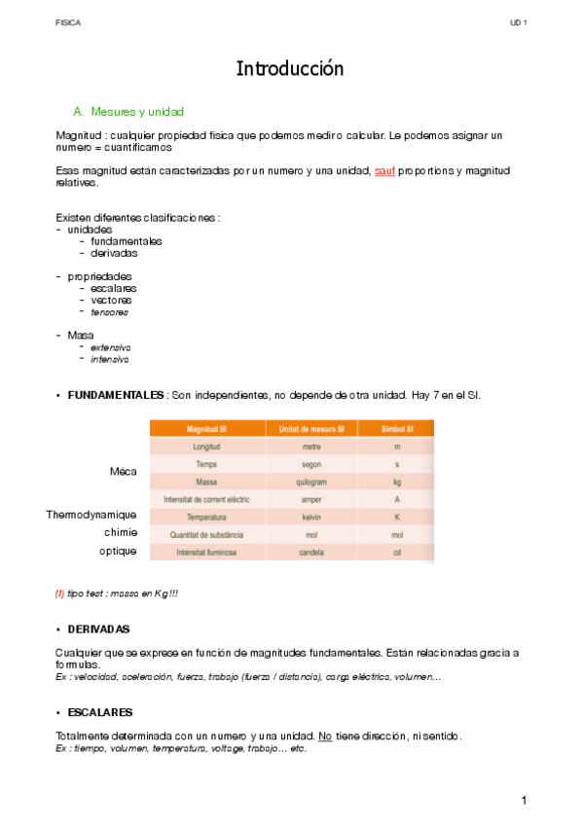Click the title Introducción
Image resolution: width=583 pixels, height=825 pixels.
pos(290,69)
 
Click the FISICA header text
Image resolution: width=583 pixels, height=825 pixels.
pos(68,21)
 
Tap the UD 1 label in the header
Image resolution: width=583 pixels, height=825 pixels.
pos(517,21)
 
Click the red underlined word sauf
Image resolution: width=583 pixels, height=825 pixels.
pos(384,170)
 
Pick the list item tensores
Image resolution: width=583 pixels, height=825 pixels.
pos(109,312)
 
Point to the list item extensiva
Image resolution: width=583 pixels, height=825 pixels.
pos(110,347)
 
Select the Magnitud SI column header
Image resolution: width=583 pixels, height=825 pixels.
pos(205,429)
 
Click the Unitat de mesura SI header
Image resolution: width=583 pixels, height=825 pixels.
pos(311,429)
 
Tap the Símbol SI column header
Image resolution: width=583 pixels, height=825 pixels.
pos(396,429)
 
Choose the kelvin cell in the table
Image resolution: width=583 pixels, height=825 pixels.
pos(311,517)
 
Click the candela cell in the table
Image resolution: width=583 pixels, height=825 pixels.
pos(311,552)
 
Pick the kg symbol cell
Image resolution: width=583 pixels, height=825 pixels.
pos(396,482)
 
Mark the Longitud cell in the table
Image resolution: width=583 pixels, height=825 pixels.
pos(205,447)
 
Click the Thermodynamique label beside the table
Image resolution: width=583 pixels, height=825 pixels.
pos(91,515)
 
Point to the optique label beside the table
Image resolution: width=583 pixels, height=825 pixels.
pos(118,551)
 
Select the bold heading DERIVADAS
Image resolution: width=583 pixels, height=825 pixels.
pos(98,629)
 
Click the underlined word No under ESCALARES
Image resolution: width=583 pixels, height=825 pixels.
pos(325,736)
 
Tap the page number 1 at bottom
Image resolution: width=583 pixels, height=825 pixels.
pos(523,800)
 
